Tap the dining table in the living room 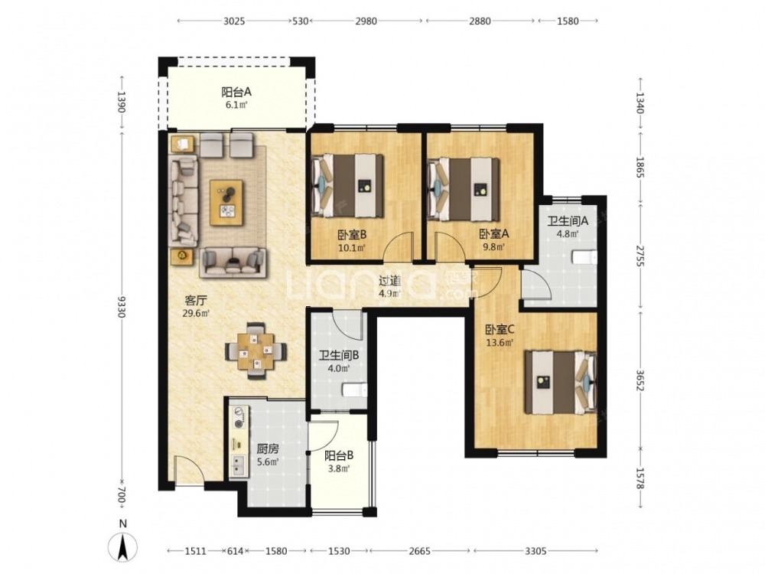coord(256,351)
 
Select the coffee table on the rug coord(226,203)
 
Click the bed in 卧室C coord(561,382)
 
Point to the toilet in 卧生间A coord(584,257)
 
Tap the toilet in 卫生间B coord(355,390)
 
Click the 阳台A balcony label coord(236,92)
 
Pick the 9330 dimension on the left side coord(122,307)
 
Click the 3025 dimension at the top coord(234,21)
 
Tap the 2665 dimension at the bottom coord(419,551)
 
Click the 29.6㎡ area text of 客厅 coord(196,313)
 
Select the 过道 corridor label coord(390,281)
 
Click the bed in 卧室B coord(347,185)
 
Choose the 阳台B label coord(339,456)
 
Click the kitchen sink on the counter coord(239,465)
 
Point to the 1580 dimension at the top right coord(568,21)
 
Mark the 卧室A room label coord(493,234)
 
